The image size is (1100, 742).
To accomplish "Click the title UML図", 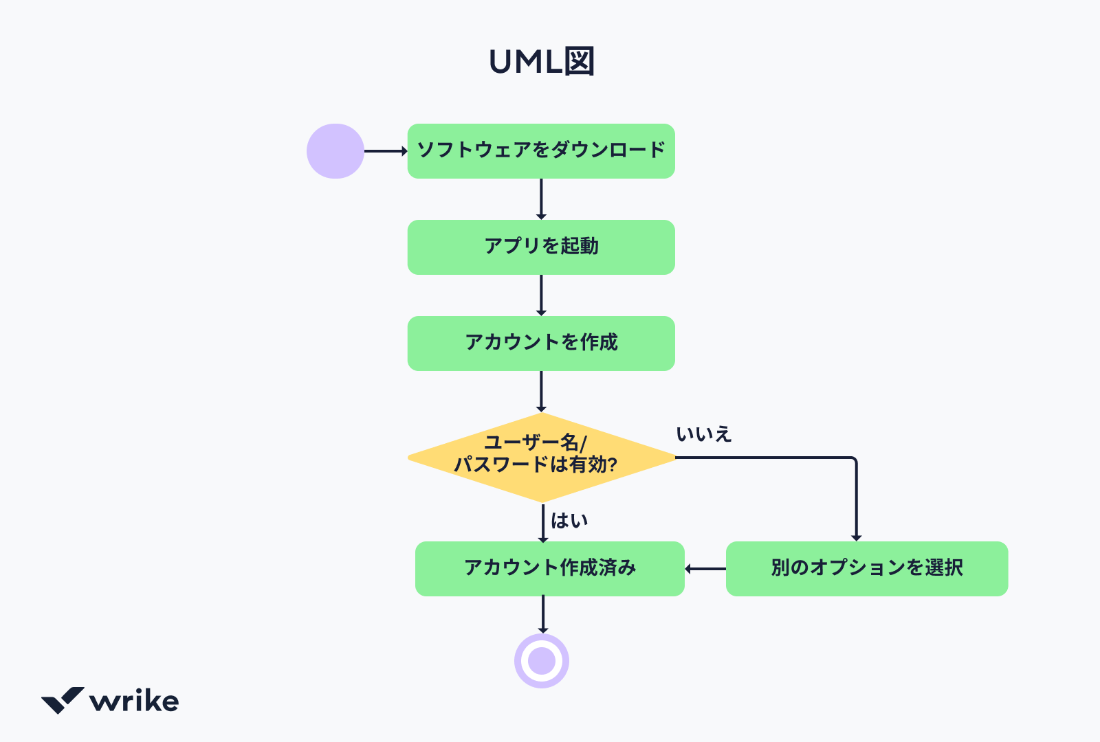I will [x=542, y=62].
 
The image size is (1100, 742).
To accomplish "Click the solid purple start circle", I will [x=335, y=151].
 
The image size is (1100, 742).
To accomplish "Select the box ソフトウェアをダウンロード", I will [x=541, y=151].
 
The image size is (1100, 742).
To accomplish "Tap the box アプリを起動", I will [x=541, y=247].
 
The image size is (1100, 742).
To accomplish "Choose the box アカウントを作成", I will [x=541, y=344].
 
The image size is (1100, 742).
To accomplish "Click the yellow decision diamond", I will [x=541, y=457].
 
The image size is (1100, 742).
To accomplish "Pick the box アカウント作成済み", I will [x=549, y=569].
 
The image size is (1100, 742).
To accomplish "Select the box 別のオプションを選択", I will [x=866, y=569].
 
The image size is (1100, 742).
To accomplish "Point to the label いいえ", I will [x=703, y=435].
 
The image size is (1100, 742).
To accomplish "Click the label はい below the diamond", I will [x=569, y=521].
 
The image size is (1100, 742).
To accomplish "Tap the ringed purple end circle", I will [x=542, y=661].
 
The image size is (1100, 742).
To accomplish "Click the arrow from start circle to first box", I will [x=385, y=151].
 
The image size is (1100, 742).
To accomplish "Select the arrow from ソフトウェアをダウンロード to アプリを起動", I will [x=541, y=199].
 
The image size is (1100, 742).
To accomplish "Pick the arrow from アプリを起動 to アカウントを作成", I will [x=541, y=295].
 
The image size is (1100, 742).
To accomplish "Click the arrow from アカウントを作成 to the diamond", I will [x=541, y=392].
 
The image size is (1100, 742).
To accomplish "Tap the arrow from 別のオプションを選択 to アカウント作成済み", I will [x=705, y=569].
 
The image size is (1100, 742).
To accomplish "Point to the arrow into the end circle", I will [x=543, y=614].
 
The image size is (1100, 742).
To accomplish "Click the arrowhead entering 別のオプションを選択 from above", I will [x=856, y=537].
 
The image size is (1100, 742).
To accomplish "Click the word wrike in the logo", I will [x=134, y=701].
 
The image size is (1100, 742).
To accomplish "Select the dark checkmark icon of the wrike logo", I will [x=63, y=700].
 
